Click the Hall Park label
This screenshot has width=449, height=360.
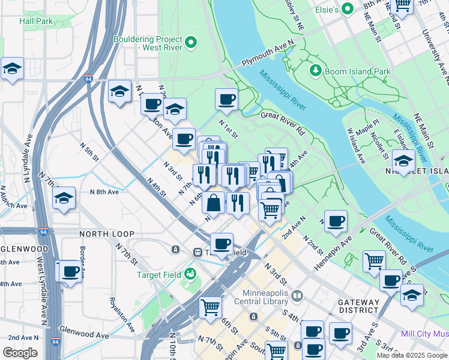(x=36, y=21)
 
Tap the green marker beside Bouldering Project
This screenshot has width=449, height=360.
(x=191, y=42)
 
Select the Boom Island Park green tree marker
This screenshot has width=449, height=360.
(x=315, y=71)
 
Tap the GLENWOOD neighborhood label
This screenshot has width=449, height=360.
(x=24, y=248)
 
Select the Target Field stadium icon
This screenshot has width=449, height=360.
(x=191, y=274)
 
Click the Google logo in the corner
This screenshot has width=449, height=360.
(x=20, y=353)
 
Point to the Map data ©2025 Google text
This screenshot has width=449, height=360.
(x=411, y=355)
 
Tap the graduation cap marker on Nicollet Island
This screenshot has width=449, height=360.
(x=403, y=161)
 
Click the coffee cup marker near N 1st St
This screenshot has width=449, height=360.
(x=227, y=99)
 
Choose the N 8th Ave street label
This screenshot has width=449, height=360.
(x=105, y=192)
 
